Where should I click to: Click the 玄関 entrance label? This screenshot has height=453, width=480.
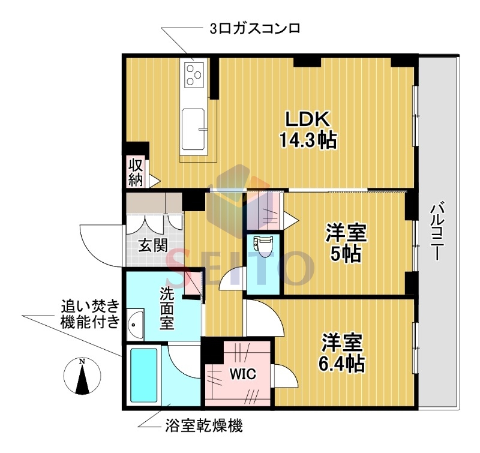tap(153, 245)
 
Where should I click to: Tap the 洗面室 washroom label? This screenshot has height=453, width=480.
tap(166, 309)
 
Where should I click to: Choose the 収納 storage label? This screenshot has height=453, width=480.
tap(136, 171)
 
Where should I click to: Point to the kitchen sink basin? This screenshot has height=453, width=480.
tap(194, 128)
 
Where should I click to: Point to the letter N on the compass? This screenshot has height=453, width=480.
tap(83, 361)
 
